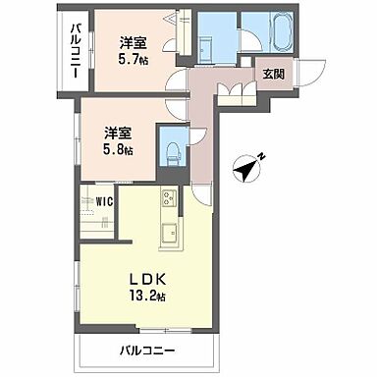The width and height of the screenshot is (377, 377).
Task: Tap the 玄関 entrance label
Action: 270,72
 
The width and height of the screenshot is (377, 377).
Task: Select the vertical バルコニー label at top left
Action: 74,51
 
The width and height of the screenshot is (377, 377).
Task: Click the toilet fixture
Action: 174,150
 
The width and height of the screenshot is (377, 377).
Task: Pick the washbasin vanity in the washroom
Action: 209,44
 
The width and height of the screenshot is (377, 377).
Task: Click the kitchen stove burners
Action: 166,201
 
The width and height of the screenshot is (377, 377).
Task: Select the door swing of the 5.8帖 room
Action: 173,110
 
